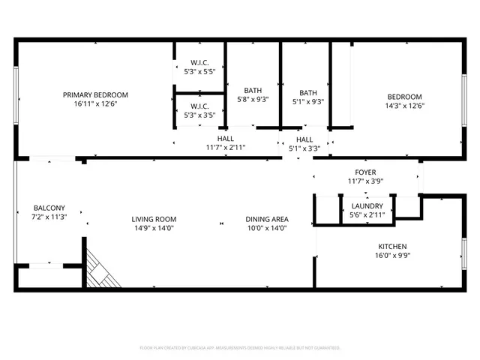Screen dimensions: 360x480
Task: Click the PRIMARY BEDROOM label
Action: pyautogui.click(x=95, y=94)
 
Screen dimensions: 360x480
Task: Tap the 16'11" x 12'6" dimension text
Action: pyautogui.click(x=95, y=104)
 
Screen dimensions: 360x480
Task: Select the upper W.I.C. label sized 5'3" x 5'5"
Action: pyautogui.click(x=199, y=62)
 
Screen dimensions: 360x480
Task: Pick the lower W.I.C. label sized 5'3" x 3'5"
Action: pyautogui.click(x=199, y=106)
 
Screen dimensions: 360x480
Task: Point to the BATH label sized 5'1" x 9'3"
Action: pyautogui.click(x=307, y=93)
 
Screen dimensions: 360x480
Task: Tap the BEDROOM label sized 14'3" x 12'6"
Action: pyautogui.click(x=404, y=96)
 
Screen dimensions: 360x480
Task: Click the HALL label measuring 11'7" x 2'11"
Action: pyautogui.click(x=226, y=139)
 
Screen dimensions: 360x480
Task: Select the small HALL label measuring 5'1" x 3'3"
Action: pyautogui.click(x=304, y=139)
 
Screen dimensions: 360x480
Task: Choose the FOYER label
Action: pyautogui.click(x=366, y=172)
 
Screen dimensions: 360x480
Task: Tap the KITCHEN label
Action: pyautogui.click(x=392, y=246)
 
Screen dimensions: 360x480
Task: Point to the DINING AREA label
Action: pyautogui.click(x=267, y=219)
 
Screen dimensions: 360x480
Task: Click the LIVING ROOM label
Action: pyautogui.click(x=155, y=219)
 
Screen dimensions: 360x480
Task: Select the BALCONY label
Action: pyautogui.click(x=49, y=208)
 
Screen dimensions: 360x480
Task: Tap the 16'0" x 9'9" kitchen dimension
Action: pyautogui.click(x=392, y=256)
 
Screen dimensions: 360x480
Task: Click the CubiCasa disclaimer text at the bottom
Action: pyautogui.click(x=240, y=348)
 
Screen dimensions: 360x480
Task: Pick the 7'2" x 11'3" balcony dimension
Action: pyautogui.click(x=49, y=217)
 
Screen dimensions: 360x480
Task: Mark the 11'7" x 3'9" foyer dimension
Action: pyautogui.click(x=366, y=181)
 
